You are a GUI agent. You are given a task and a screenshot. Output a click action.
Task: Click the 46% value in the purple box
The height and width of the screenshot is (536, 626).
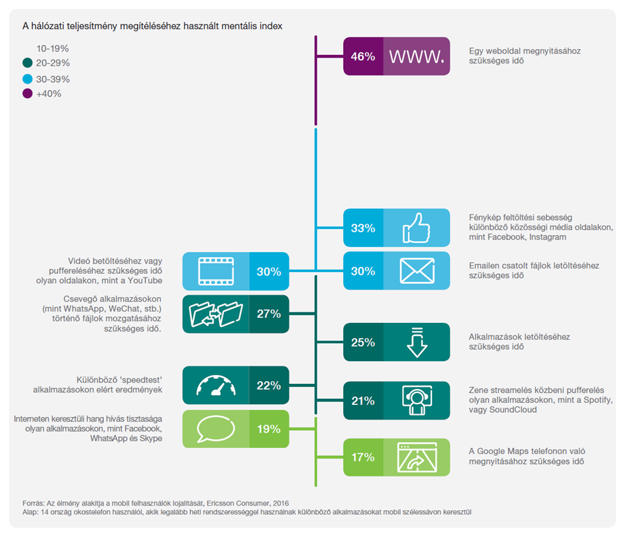tap(363, 56)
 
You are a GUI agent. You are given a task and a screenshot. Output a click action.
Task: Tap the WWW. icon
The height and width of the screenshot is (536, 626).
tap(416, 56)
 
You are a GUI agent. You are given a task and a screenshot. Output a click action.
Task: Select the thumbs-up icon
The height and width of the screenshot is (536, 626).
tap(416, 228)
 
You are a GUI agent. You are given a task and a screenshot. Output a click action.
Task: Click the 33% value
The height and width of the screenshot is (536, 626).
tap(363, 228)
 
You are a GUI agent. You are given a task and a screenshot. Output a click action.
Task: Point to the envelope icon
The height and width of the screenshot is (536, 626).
tap(416, 271)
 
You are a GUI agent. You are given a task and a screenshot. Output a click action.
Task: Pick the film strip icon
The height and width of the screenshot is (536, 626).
tap(215, 271)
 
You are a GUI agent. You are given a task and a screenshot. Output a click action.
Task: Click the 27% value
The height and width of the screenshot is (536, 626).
tap(269, 314)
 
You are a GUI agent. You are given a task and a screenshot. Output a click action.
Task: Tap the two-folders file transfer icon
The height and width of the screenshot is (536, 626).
tap(215, 314)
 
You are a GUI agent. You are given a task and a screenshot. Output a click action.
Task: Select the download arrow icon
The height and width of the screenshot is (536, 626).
tap(416, 342)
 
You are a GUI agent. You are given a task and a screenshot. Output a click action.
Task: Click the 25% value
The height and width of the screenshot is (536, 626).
tap(363, 342)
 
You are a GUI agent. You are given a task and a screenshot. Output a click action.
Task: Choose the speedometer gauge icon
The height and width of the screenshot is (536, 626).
tap(215, 385)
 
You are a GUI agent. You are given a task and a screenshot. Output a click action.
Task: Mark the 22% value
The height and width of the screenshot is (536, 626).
tap(269, 385)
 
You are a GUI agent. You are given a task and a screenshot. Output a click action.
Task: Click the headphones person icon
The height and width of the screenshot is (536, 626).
tap(416, 400)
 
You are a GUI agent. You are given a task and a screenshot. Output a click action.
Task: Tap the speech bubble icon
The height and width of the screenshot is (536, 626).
tap(215, 429)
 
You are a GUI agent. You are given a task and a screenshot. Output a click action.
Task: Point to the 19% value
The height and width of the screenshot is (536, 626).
tap(269, 429)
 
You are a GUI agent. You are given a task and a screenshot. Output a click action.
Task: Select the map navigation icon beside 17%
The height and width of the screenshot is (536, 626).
tap(416, 457)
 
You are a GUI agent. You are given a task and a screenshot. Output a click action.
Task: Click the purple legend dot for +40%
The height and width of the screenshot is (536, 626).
tap(27, 94)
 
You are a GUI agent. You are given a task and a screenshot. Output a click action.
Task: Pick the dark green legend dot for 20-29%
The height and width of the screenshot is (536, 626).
tap(27, 64)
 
